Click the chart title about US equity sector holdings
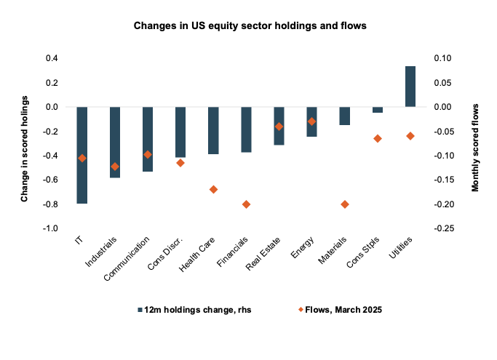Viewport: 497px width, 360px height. tap(250, 27)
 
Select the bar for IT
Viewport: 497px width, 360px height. tap(82, 155)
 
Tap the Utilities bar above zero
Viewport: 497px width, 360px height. tap(410, 87)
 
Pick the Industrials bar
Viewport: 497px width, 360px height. tap(115, 142)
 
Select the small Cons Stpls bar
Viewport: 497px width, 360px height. tap(378, 110)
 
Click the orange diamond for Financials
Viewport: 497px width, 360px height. tap(246, 204)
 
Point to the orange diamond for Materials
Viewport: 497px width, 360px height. tap(345, 204)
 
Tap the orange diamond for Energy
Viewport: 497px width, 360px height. tap(312, 121)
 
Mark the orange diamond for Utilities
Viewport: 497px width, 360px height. tap(410, 136)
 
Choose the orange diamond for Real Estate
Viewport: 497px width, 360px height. tap(279, 127)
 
